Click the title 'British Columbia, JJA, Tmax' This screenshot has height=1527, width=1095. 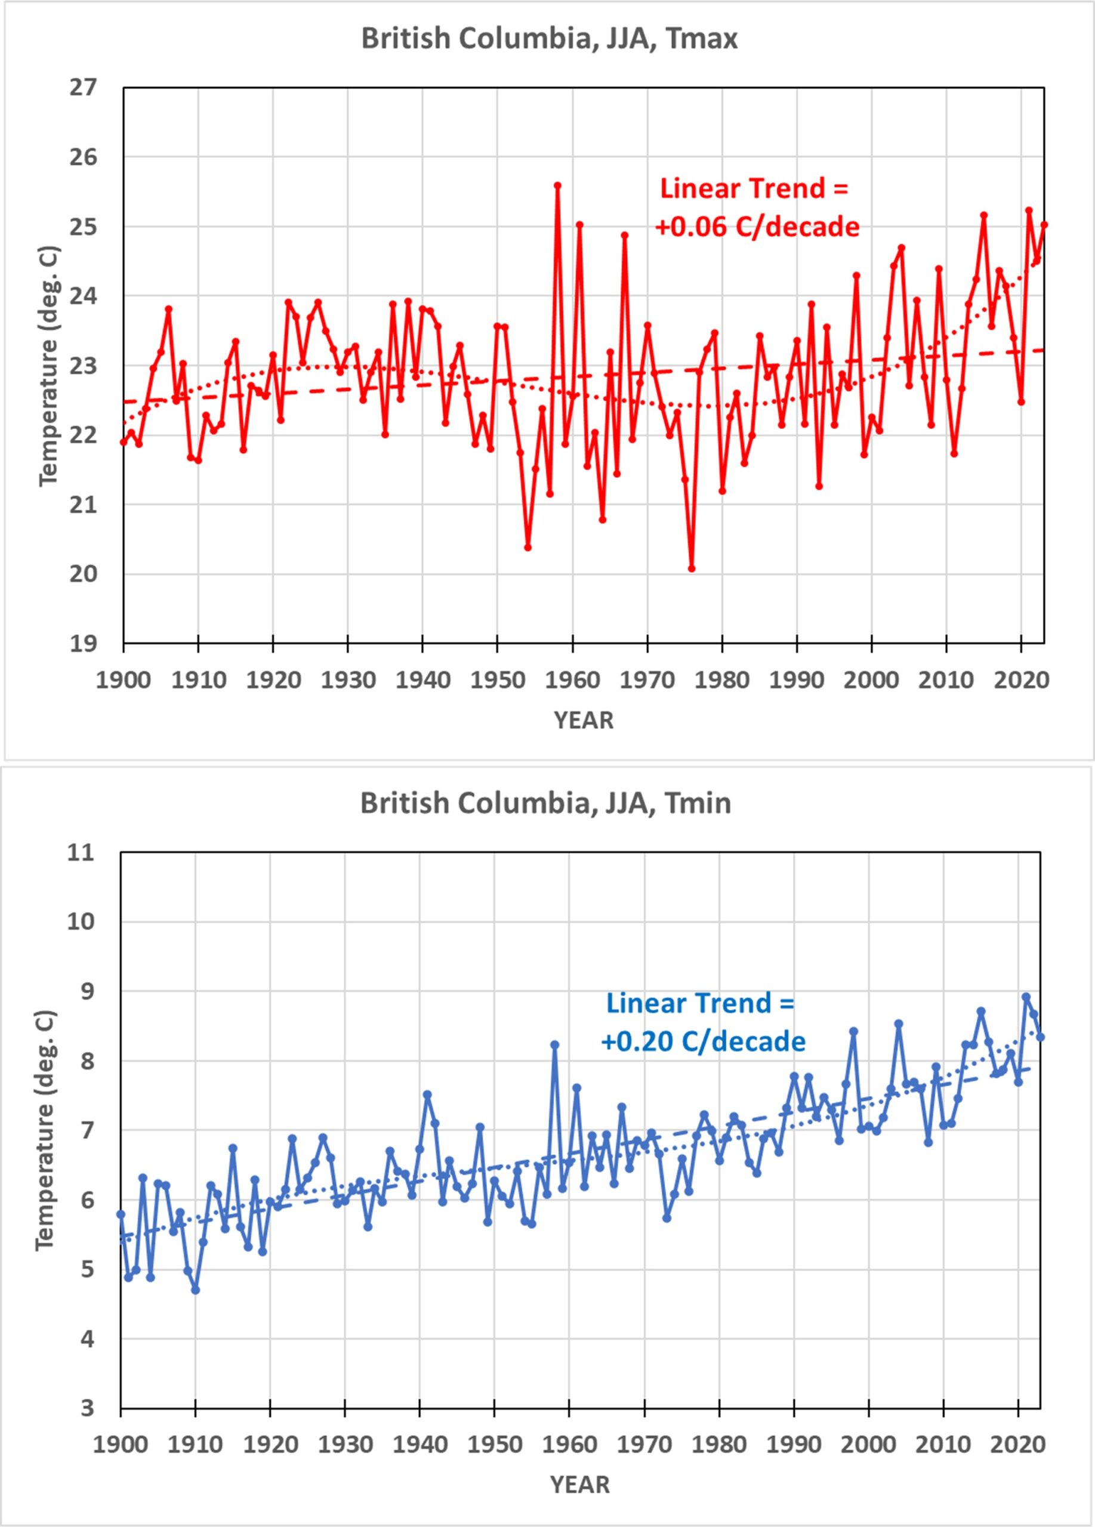(549, 38)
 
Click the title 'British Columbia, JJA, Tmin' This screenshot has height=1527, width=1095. (545, 803)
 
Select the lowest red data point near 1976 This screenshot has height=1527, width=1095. (692, 569)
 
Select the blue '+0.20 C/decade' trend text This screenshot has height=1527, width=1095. (703, 1042)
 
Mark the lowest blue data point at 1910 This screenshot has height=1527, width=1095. (195, 1290)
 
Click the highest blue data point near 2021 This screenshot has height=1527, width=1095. (1026, 997)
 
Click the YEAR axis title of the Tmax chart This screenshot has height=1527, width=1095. (584, 721)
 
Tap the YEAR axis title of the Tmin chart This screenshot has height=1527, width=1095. (581, 1485)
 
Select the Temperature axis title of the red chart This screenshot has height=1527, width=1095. (49, 366)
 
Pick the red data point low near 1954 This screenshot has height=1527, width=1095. (528, 548)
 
